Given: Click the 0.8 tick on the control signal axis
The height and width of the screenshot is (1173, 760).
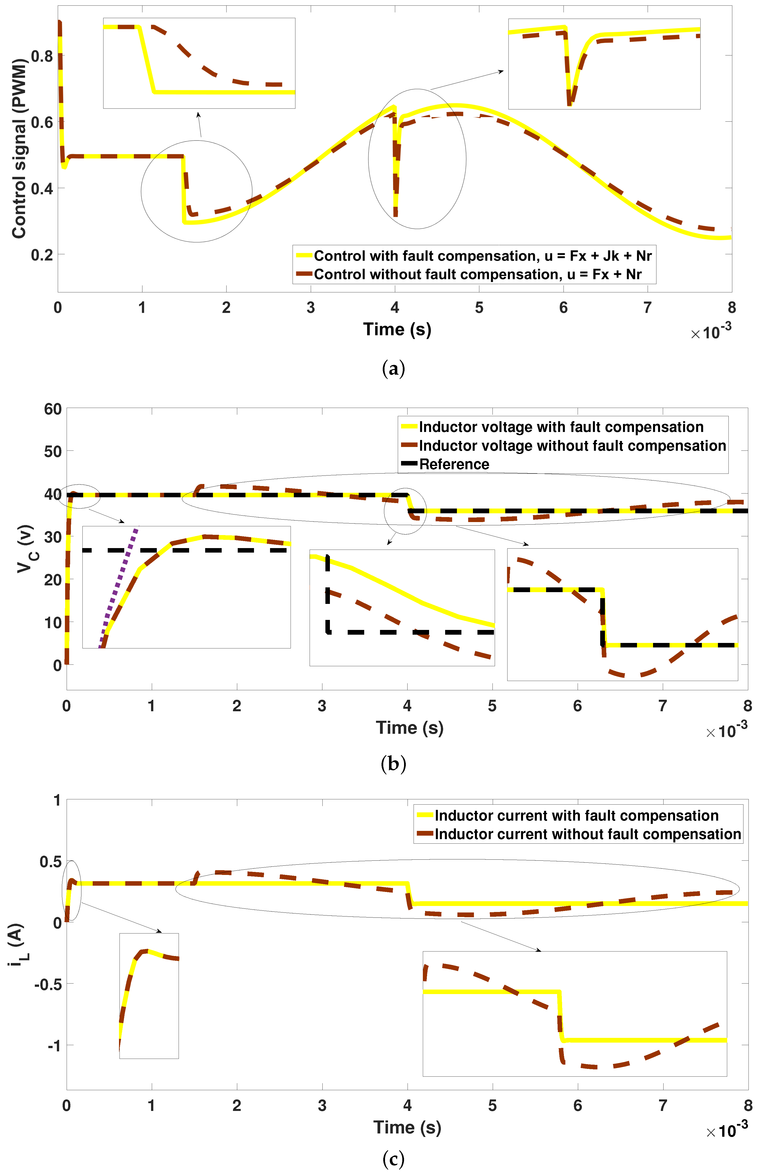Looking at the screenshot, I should tap(42, 56).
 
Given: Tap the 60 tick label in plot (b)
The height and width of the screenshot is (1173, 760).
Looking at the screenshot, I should tap(53, 409).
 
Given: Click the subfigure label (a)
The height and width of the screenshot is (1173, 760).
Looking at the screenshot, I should tap(393, 369).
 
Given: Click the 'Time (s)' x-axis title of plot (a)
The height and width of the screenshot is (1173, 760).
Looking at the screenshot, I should tap(397, 329).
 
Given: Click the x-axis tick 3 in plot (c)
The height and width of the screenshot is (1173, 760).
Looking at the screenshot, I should tap(322, 1105).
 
